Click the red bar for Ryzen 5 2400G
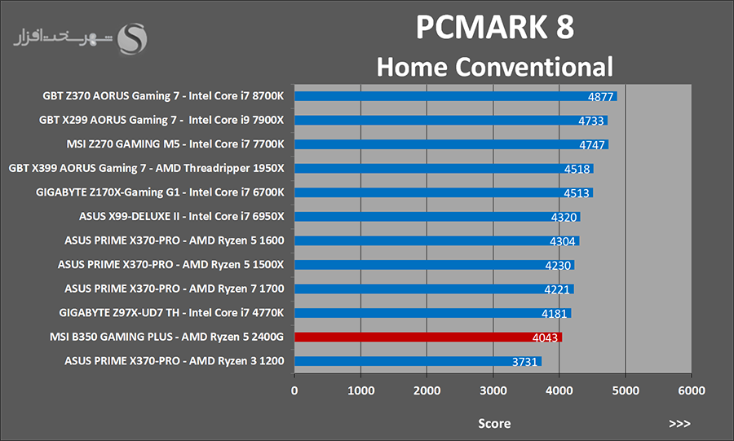428,337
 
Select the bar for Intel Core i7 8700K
440,96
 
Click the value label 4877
601,97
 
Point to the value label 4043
546,337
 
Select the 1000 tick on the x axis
360,390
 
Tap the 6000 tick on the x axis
691,390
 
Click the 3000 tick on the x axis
493,390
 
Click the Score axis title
494,423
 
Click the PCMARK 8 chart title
495,27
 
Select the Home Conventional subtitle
494,66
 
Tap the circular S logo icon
134,37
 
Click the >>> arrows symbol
679,424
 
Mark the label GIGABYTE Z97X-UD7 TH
172,312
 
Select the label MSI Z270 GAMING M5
175,144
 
